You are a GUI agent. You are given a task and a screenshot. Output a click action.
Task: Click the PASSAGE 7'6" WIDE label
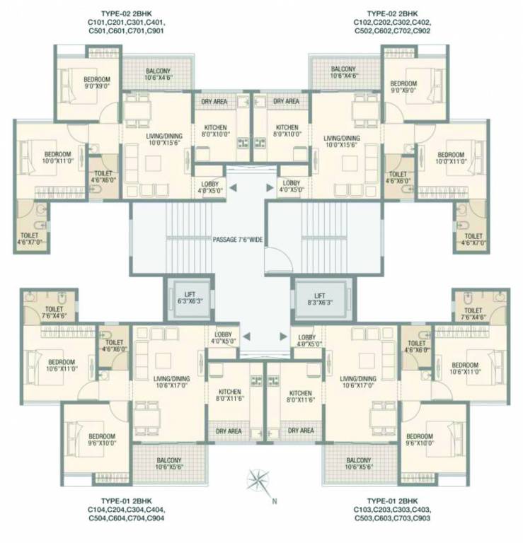coord(238,240)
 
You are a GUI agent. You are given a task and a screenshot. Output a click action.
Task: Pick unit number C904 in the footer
coord(156,517)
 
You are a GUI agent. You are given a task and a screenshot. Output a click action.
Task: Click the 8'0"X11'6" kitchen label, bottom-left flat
coord(230,396)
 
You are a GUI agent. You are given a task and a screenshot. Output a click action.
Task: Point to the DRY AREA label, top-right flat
coord(287,102)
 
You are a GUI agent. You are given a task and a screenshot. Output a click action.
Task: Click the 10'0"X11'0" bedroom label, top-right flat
coord(450,158)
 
